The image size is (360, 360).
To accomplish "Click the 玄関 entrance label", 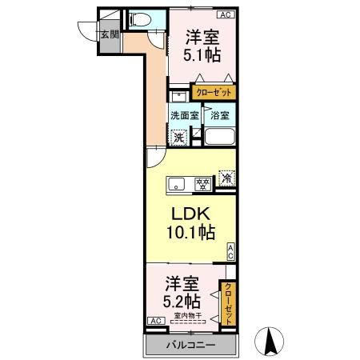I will [109, 34].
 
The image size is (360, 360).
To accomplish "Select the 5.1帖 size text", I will [203, 57].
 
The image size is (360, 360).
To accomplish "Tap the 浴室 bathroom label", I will [218, 115].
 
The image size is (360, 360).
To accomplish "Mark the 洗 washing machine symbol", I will [180, 137].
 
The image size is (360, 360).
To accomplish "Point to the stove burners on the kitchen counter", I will [203, 185].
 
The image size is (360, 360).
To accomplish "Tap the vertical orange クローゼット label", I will [228, 302].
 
